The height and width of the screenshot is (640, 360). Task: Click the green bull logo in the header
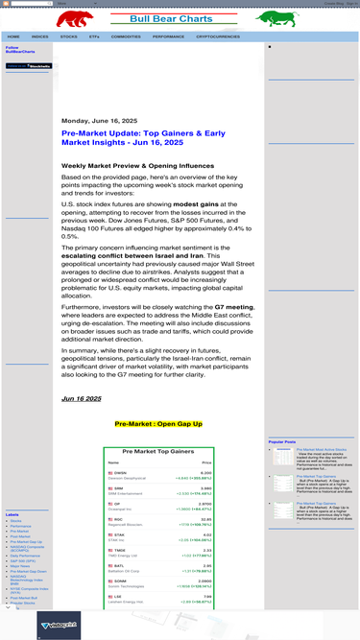point(276,17)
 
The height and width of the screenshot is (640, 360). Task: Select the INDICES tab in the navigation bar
point(40,36)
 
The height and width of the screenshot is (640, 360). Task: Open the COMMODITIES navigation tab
point(126,36)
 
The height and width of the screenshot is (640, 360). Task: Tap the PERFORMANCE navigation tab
point(168,36)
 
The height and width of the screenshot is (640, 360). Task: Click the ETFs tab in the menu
point(94,36)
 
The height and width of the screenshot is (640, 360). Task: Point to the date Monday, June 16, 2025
point(99,120)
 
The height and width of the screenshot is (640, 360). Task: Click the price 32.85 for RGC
point(205,519)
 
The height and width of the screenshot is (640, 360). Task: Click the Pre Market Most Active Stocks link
point(323,448)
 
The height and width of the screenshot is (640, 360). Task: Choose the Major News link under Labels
point(20,566)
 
